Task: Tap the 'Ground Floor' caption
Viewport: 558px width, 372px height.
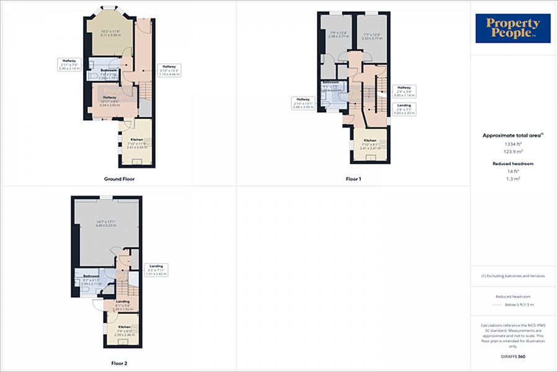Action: coord(119,179)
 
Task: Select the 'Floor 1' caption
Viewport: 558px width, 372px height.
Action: coord(353,179)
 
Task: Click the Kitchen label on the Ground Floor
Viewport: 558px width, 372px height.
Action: coord(136,140)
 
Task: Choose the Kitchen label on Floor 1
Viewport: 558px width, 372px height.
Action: coord(370,141)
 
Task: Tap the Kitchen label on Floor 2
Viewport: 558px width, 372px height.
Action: coord(125,327)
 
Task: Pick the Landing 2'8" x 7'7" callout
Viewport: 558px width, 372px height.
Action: coord(404,109)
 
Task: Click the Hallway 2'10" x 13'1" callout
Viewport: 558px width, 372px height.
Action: coord(303,103)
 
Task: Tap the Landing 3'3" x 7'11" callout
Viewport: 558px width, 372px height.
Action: coord(156,270)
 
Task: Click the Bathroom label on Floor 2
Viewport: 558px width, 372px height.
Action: coord(83,276)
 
